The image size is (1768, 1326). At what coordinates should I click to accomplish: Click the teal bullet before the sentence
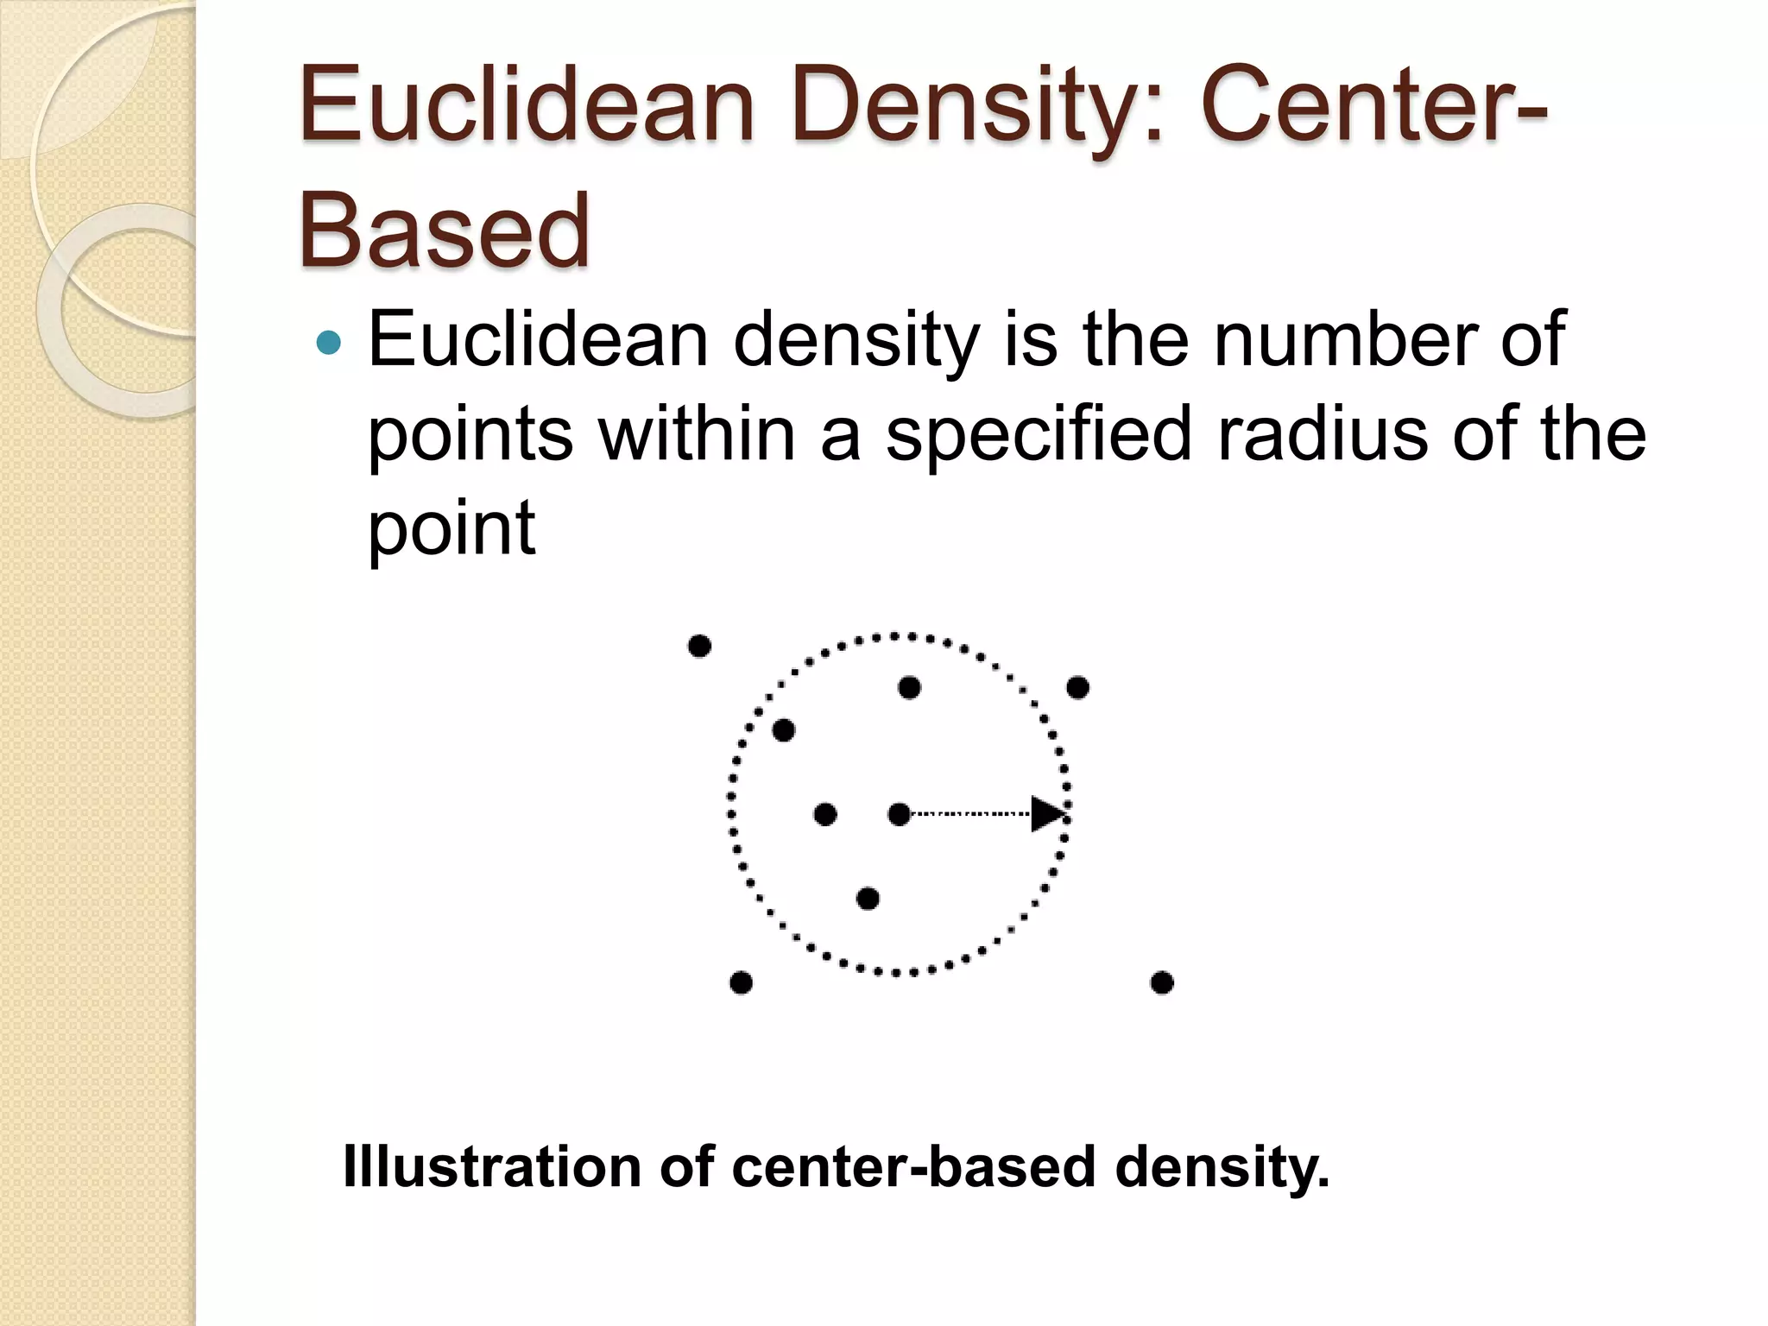329,344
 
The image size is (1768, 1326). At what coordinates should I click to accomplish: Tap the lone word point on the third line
451,528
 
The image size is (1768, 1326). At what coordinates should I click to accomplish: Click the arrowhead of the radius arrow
1048,814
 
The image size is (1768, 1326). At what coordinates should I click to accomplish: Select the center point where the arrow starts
899,814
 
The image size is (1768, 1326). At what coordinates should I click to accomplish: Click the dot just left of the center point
825,814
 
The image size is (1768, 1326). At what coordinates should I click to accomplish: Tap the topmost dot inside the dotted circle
909,688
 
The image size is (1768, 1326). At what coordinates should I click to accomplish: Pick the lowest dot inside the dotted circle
868,899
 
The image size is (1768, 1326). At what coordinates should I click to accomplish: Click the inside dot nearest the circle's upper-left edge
783,730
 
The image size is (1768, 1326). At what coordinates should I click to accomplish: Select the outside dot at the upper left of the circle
699,646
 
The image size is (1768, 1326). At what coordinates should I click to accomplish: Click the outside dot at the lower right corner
1162,982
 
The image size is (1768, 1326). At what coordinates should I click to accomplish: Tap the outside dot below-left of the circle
741,982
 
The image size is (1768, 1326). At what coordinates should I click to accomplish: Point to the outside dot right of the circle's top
1077,688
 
